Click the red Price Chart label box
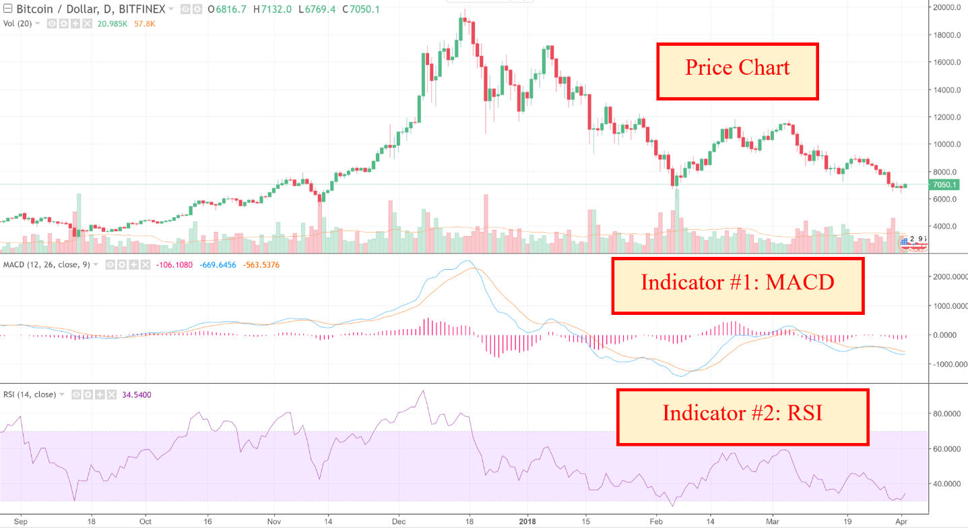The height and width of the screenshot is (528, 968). (x=737, y=71)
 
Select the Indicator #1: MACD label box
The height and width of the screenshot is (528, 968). (x=738, y=285)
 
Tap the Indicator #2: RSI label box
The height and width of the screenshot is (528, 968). (x=742, y=416)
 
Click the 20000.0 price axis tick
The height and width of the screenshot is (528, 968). (x=946, y=7)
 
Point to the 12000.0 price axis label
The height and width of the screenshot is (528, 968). (x=946, y=117)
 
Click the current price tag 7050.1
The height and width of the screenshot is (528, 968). (x=947, y=185)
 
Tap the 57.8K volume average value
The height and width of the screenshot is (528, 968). (x=146, y=23)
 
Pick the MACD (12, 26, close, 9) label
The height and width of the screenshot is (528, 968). (x=46, y=264)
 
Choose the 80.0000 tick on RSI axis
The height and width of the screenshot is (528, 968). (x=947, y=413)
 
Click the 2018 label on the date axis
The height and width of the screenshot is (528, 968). (x=527, y=521)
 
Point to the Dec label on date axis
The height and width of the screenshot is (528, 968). (x=399, y=521)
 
